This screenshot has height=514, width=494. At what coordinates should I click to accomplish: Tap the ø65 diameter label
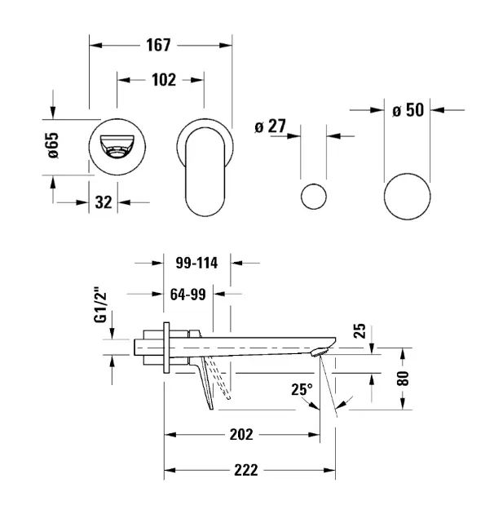click(x=52, y=147)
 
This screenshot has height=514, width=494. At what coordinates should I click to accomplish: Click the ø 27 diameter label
click(x=270, y=127)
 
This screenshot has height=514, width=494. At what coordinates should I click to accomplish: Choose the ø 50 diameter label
click(x=408, y=110)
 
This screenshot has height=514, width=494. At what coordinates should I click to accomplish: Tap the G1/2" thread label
click(x=101, y=308)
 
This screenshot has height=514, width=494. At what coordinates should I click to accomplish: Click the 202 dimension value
click(x=240, y=434)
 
